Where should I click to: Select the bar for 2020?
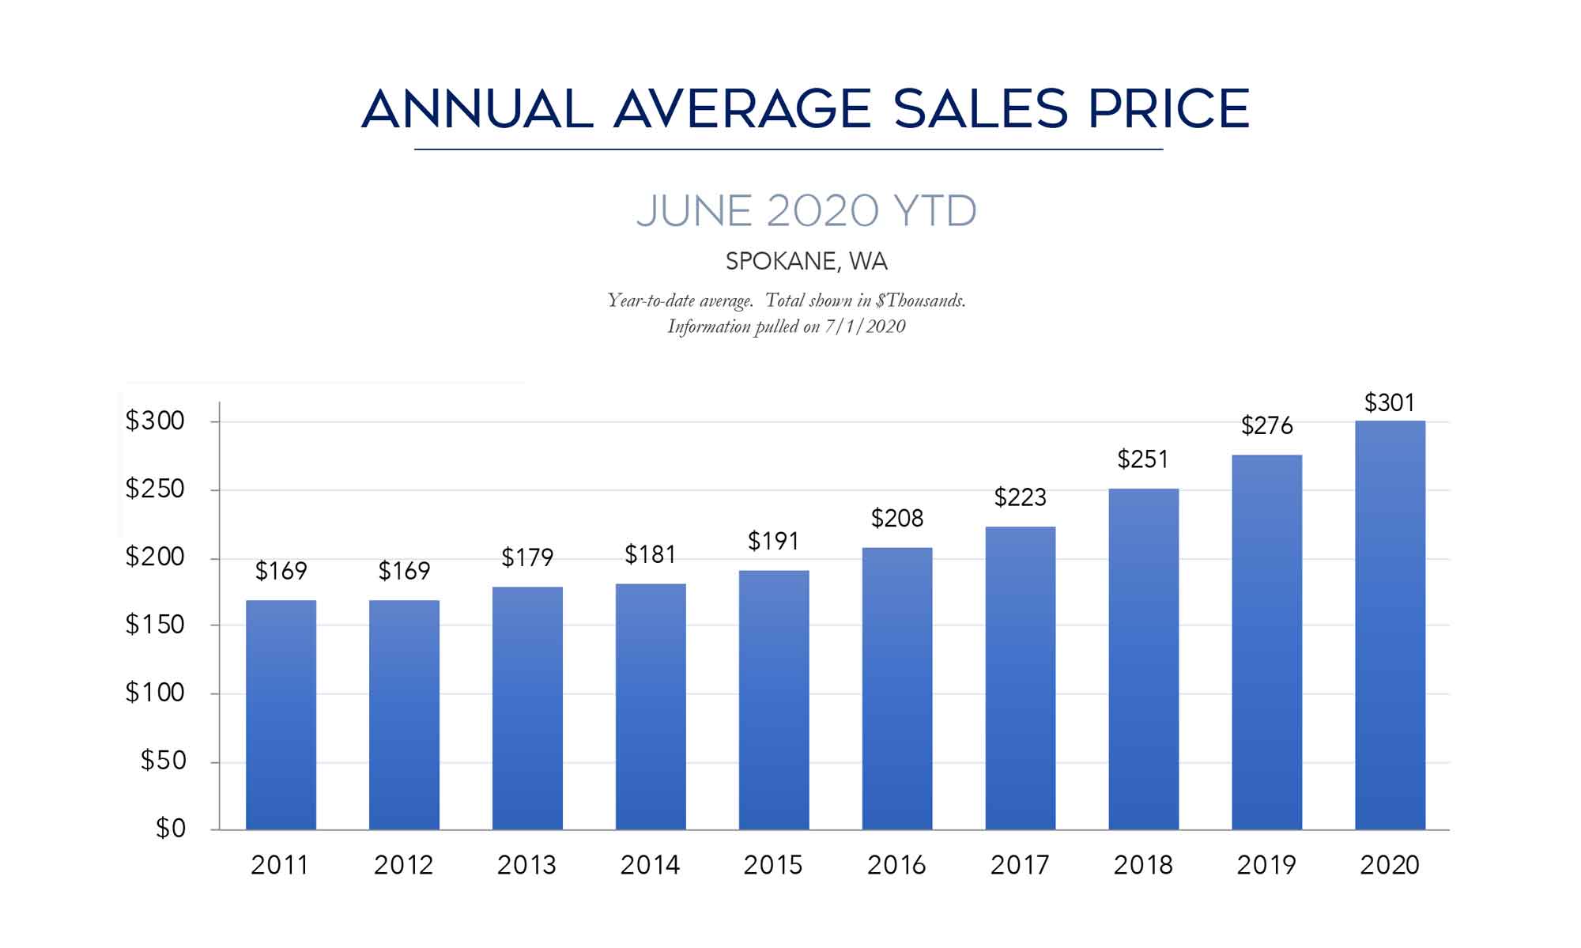coord(1390,625)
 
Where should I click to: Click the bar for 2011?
coord(281,715)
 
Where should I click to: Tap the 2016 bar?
coord(896,688)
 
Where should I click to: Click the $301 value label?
coord(1389,403)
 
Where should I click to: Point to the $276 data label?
coord(1266,426)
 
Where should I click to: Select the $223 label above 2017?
coord(1020,497)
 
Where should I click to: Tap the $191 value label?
coord(773,542)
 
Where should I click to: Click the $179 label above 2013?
coord(527,558)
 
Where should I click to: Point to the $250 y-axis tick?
coord(155,489)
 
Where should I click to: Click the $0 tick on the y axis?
coord(170,829)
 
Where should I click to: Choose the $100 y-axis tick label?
coord(155,693)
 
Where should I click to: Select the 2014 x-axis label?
coord(650,866)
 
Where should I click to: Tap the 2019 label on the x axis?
coord(1266,866)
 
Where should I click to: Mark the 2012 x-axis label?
coord(403,866)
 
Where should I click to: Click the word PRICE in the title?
coord(1168,109)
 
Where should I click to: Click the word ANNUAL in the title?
coord(477,109)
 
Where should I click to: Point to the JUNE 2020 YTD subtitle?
coord(806,211)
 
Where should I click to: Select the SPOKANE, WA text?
coord(806,262)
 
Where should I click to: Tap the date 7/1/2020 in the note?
coord(865,327)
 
